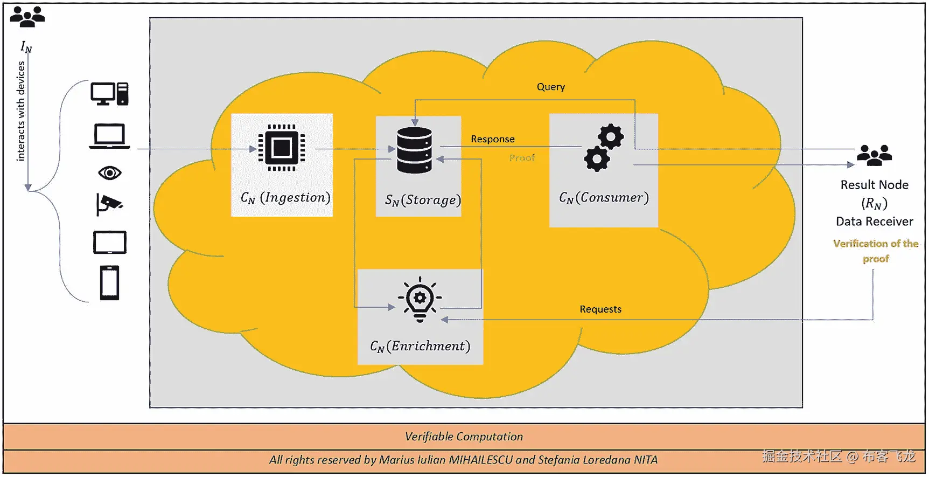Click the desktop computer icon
pyautogui.click(x=109, y=94)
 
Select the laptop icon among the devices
pyautogui.click(x=109, y=136)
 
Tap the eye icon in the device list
pyautogui.click(x=110, y=173)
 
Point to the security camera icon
pyautogui.click(x=109, y=204)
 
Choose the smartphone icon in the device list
pyautogui.click(x=109, y=282)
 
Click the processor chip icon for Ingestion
pyautogui.click(x=282, y=148)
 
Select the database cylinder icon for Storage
pyautogui.click(x=414, y=150)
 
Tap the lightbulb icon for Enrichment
pyautogui.click(x=420, y=300)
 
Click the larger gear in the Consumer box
pyautogui.click(x=610, y=137)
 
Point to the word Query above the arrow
pyautogui.click(x=550, y=87)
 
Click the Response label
pyautogui.click(x=492, y=139)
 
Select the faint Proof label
pyautogui.click(x=522, y=158)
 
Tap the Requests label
pyautogui.click(x=600, y=309)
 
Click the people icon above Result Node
pyautogui.click(x=874, y=155)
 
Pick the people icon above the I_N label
pyautogui.click(x=27, y=17)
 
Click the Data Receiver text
pyautogui.click(x=874, y=222)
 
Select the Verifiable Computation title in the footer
pyautogui.click(x=464, y=437)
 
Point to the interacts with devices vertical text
pyautogui.click(x=20, y=111)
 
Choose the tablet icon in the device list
pyautogui.click(x=109, y=243)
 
